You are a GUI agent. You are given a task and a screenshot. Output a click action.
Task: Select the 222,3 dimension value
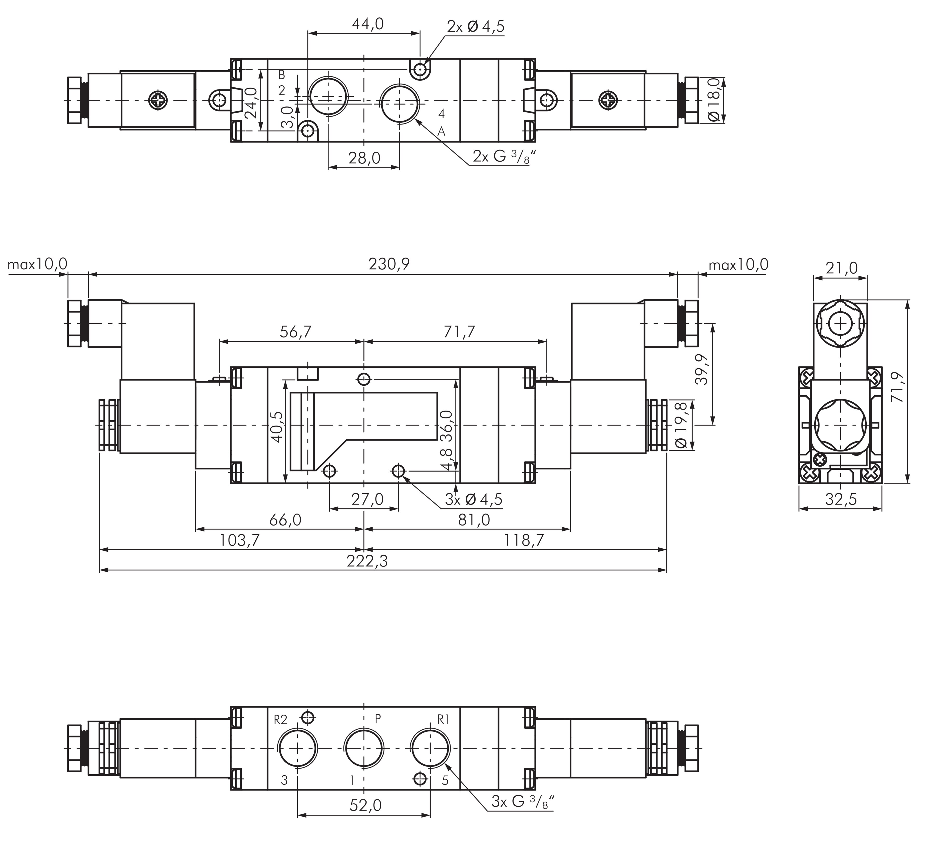[x=367, y=561]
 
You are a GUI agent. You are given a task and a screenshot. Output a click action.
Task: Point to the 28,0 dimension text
[x=364, y=158]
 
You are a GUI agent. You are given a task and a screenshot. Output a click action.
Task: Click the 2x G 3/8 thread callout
[x=500, y=157]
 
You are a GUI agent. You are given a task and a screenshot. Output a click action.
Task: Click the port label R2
[x=280, y=719]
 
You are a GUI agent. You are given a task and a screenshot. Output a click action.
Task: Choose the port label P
[x=377, y=719]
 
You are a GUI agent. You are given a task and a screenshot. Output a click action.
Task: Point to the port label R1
[x=443, y=719]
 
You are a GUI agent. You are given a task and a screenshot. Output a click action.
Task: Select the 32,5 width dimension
[x=841, y=499]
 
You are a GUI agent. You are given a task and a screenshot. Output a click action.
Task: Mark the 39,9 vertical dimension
[x=702, y=369]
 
